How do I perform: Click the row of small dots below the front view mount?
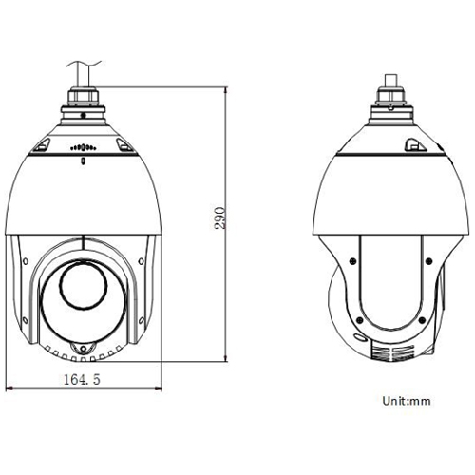pos(83,148)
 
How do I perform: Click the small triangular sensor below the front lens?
pos(83,349)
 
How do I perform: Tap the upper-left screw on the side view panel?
pos(353,257)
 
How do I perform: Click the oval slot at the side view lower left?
pos(360,336)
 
